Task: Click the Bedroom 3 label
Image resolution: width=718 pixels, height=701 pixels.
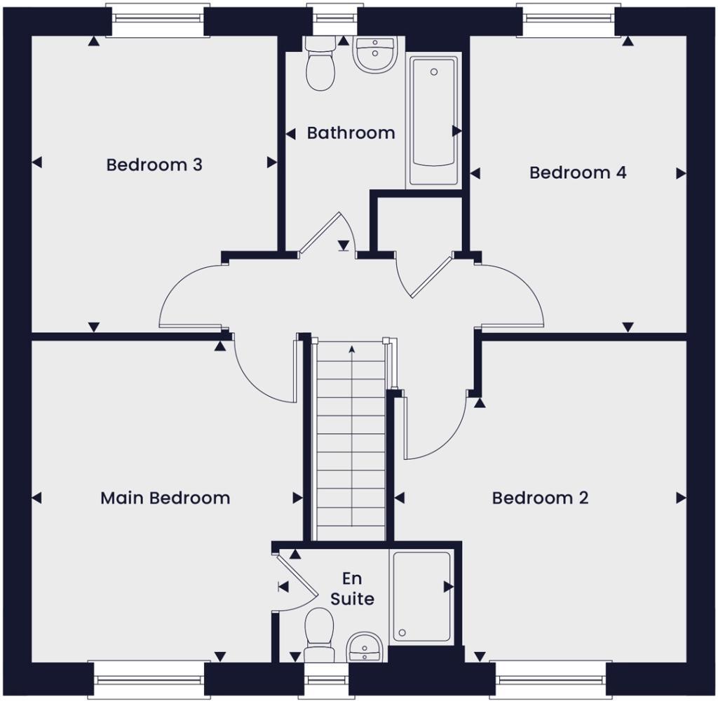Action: (x=154, y=165)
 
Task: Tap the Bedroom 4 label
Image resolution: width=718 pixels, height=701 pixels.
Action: (x=578, y=172)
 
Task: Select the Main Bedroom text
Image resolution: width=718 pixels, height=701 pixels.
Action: (x=165, y=498)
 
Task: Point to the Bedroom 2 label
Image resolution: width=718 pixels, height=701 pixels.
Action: (x=540, y=498)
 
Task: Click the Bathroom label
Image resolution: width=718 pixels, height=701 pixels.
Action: (x=351, y=132)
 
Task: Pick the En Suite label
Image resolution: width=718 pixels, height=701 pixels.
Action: (x=358, y=589)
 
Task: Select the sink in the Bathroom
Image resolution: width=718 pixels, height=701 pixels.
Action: (x=376, y=53)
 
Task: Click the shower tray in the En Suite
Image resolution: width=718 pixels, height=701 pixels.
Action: (x=421, y=596)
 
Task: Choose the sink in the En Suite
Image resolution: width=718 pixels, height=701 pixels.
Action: (x=365, y=646)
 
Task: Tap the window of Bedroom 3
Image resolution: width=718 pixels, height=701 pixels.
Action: (x=157, y=13)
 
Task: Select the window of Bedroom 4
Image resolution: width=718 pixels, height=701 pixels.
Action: (x=567, y=13)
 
